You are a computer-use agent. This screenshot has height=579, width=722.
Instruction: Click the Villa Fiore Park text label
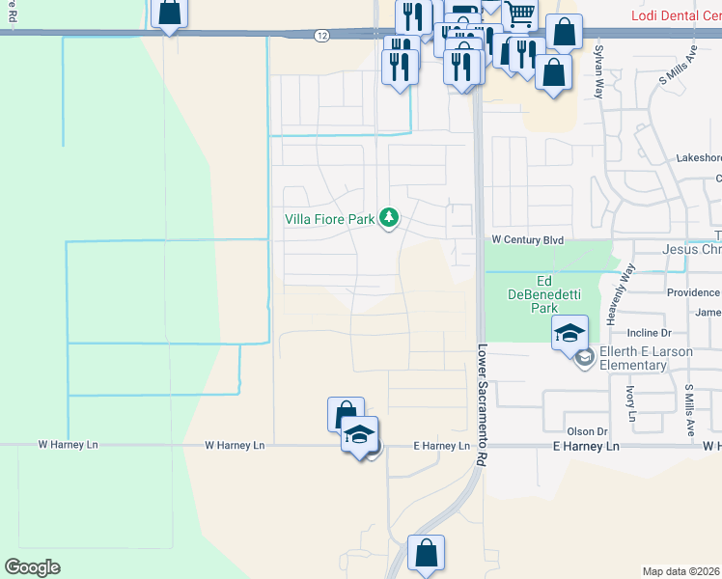click(329, 219)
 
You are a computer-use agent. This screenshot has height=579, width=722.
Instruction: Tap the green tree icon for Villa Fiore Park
click(389, 218)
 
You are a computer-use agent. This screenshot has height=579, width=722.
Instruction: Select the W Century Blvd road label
click(526, 239)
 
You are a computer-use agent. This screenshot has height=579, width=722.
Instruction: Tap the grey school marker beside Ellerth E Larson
click(583, 358)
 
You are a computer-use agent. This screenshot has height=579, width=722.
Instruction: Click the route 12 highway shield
click(321, 36)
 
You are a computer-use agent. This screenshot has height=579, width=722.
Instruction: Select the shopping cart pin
click(519, 15)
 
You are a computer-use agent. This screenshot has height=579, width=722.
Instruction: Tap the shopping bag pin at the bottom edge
click(426, 554)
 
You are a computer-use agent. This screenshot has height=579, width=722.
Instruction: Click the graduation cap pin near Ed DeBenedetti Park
click(569, 334)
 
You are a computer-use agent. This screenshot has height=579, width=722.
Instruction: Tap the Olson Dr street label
click(586, 431)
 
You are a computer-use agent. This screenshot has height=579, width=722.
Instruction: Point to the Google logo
click(32, 567)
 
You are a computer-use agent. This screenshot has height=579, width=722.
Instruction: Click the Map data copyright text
click(681, 571)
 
